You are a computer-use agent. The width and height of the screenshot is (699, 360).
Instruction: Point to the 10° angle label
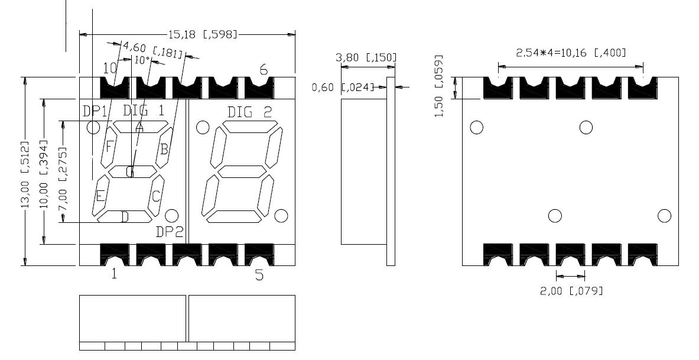point(142,60)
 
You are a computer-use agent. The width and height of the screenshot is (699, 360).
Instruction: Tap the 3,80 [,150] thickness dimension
point(366,57)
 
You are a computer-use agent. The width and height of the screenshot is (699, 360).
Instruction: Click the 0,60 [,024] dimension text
point(343,87)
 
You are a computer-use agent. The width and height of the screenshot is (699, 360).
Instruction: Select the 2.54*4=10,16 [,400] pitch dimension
point(571,53)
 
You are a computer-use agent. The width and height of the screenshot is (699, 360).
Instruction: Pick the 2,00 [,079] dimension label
point(571,290)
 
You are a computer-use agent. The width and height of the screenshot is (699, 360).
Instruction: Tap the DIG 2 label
point(250,112)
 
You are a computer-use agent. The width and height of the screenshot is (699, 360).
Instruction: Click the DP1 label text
point(95,111)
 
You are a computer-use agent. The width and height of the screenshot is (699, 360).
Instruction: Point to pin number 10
point(110,68)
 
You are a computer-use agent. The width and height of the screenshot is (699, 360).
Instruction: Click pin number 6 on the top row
point(264,70)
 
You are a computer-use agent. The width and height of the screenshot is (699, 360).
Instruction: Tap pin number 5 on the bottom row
point(259,275)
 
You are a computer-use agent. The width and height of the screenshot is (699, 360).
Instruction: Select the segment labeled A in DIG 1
point(139,127)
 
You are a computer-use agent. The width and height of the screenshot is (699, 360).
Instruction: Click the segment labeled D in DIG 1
point(125,217)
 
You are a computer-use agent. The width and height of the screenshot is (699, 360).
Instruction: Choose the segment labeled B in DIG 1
point(164,148)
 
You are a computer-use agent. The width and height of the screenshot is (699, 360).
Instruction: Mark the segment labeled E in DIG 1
point(100,196)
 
